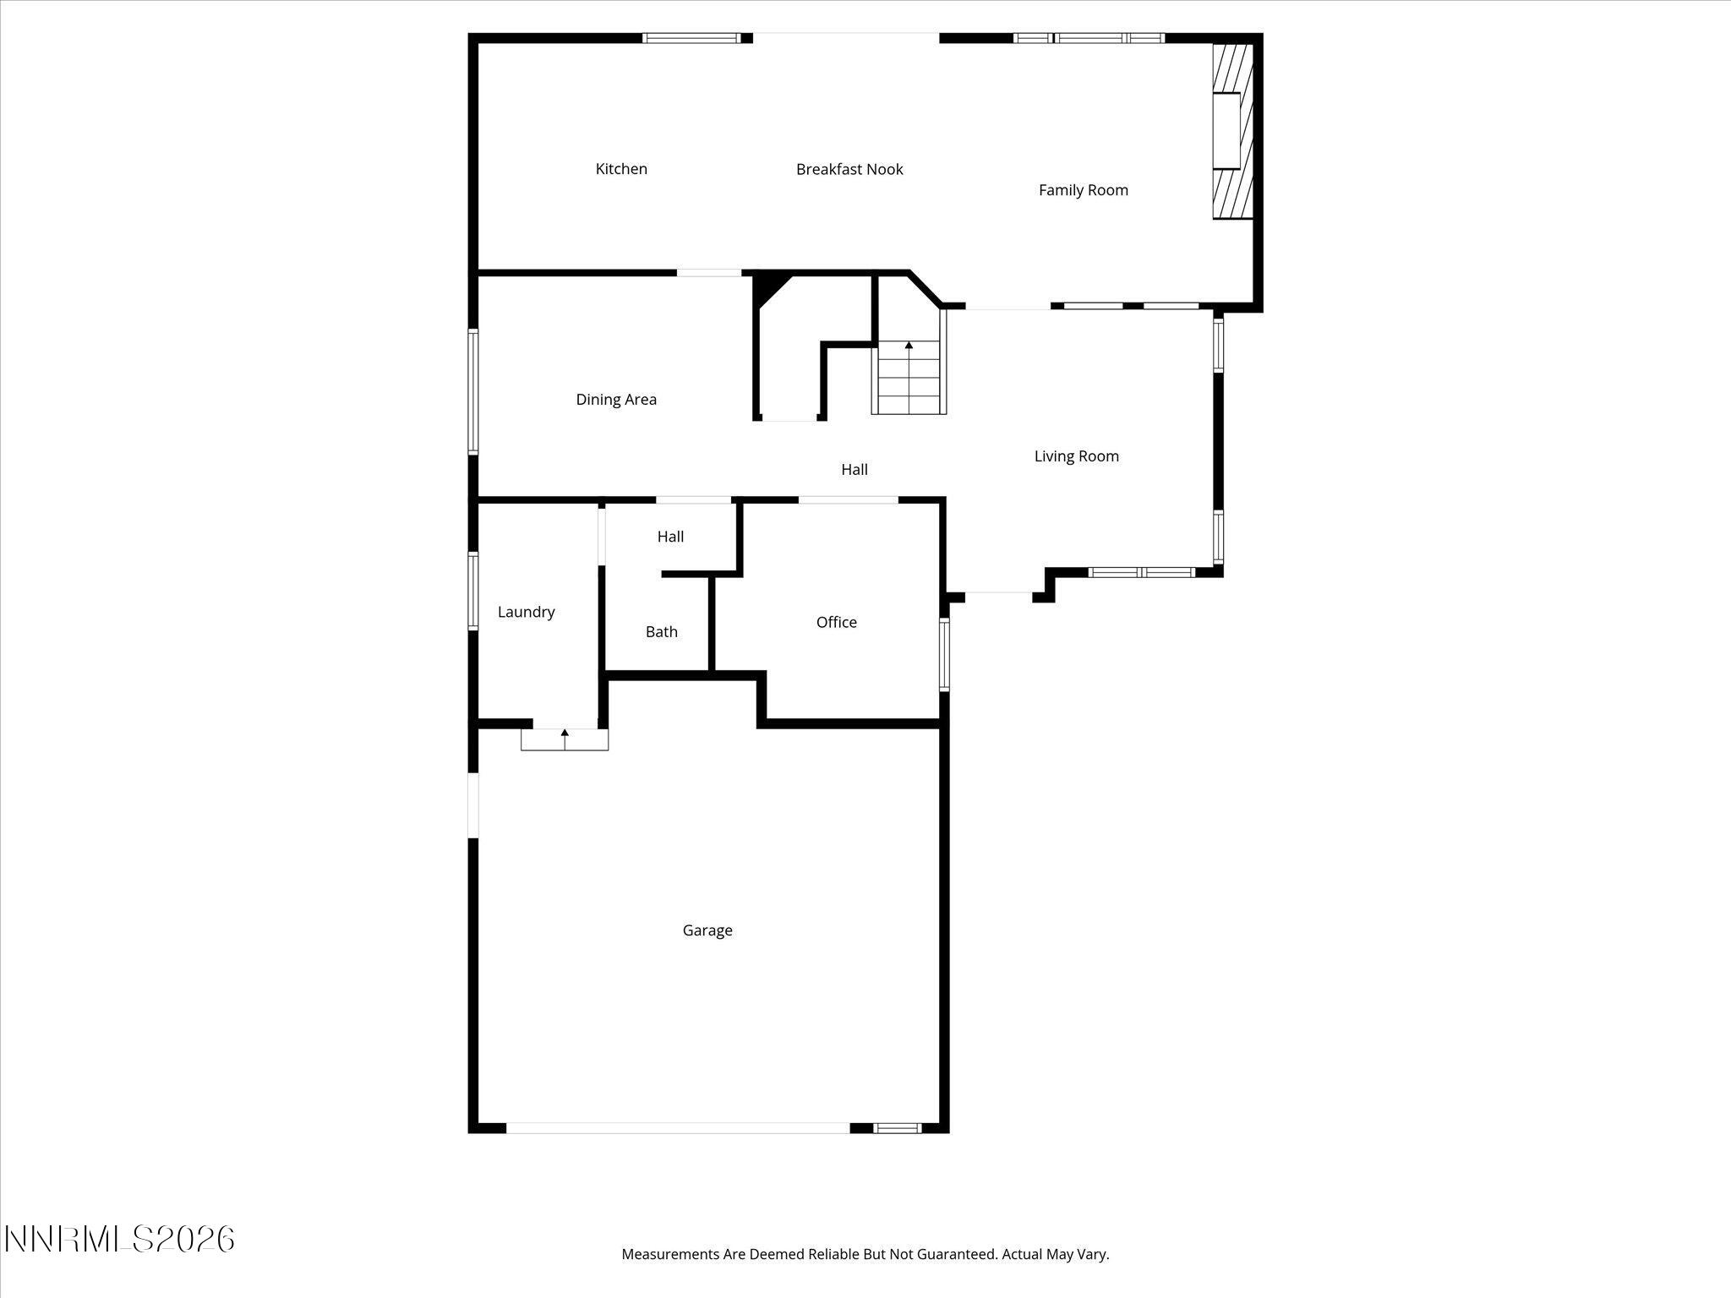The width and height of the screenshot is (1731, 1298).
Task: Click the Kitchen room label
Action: coord(621,169)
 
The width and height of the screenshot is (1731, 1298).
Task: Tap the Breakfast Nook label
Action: coord(849,170)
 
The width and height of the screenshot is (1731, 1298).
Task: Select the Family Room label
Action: coord(1083,190)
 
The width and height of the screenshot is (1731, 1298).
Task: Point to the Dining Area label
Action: coord(616,400)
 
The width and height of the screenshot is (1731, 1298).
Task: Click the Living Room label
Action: coord(1076,456)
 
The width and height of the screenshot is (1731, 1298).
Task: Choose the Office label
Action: coord(836,623)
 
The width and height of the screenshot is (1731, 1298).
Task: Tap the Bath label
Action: coord(661,632)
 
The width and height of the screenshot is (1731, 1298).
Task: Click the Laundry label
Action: coord(526,612)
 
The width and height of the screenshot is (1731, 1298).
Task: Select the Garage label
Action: coord(707,930)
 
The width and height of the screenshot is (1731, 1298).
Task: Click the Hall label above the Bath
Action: coord(670,537)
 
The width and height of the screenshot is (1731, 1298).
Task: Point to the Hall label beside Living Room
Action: coord(854,470)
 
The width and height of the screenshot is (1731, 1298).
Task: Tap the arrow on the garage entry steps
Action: coord(565,734)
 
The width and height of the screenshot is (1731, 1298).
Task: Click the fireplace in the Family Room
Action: coord(1231,131)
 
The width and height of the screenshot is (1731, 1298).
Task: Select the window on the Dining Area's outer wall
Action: coord(473,391)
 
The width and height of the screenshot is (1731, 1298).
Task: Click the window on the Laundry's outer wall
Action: coord(473,591)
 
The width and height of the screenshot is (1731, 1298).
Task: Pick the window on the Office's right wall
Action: coord(944,655)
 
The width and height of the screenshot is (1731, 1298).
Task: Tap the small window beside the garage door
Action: coord(897,1127)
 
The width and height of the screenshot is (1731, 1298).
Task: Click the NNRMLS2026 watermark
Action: coord(119,1240)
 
